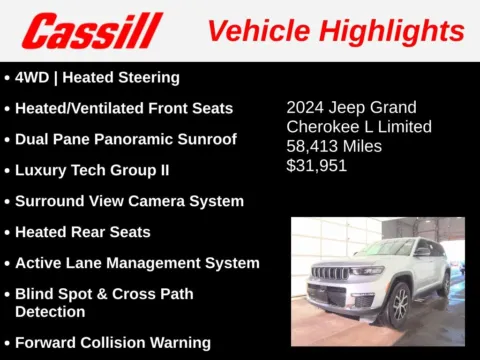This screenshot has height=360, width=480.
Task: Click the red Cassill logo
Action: tap(92, 30)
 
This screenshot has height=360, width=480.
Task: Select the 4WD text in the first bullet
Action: tap(32, 77)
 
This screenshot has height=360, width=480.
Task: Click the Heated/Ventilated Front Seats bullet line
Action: tap(124, 108)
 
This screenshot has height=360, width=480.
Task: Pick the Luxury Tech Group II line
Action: tap(92, 170)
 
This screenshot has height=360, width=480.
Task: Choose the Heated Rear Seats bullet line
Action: tap(83, 232)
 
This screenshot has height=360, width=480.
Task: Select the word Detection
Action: tap(51, 311)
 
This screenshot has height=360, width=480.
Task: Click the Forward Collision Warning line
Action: tap(113, 342)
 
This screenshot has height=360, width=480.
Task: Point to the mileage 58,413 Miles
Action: tap(334, 146)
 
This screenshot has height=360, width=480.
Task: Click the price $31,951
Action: tap(317, 165)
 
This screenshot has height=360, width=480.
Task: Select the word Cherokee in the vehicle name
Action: tap(322, 127)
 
